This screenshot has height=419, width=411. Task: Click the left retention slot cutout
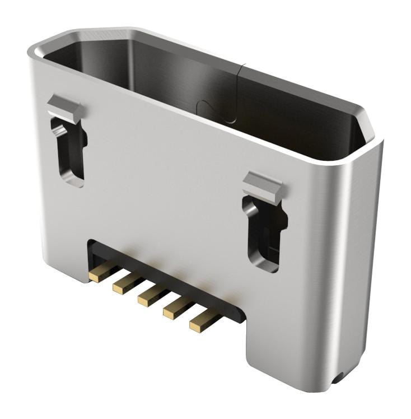(69, 148)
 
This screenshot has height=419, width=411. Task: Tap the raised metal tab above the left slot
(64, 106)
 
